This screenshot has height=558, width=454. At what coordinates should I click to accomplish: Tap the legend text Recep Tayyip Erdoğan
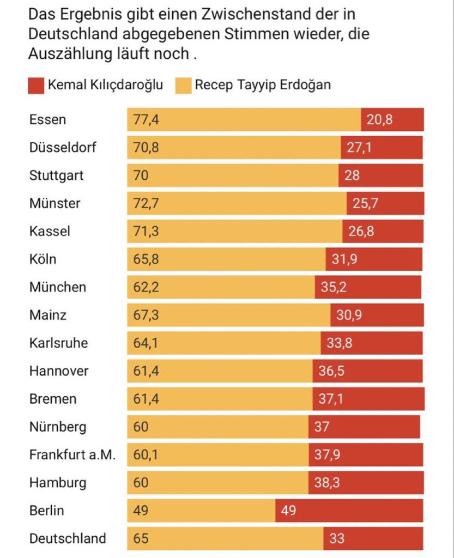(x=263, y=86)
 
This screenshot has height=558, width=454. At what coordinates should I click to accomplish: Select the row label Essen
(x=47, y=120)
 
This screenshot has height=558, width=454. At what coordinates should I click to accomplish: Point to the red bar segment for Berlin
(x=349, y=511)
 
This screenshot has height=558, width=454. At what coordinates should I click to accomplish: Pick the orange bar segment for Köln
(x=226, y=259)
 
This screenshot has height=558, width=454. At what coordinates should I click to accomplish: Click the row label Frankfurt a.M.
(x=72, y=455)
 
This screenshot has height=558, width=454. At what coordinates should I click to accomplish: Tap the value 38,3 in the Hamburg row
(x=327, y=483)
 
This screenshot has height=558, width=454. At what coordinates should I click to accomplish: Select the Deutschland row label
(x=68, y=538)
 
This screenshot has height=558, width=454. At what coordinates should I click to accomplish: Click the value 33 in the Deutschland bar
(x=337, y=538)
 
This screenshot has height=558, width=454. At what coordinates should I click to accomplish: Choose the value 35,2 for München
(x=333, y=287)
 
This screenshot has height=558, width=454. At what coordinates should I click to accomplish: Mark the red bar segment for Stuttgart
(x=380, y=175)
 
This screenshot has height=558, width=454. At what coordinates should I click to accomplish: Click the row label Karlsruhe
(x=58, y=343)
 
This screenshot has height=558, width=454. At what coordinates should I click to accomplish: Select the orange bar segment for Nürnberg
(x=218, y=427)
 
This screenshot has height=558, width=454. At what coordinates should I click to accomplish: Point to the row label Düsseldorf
(x=63, y=148)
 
